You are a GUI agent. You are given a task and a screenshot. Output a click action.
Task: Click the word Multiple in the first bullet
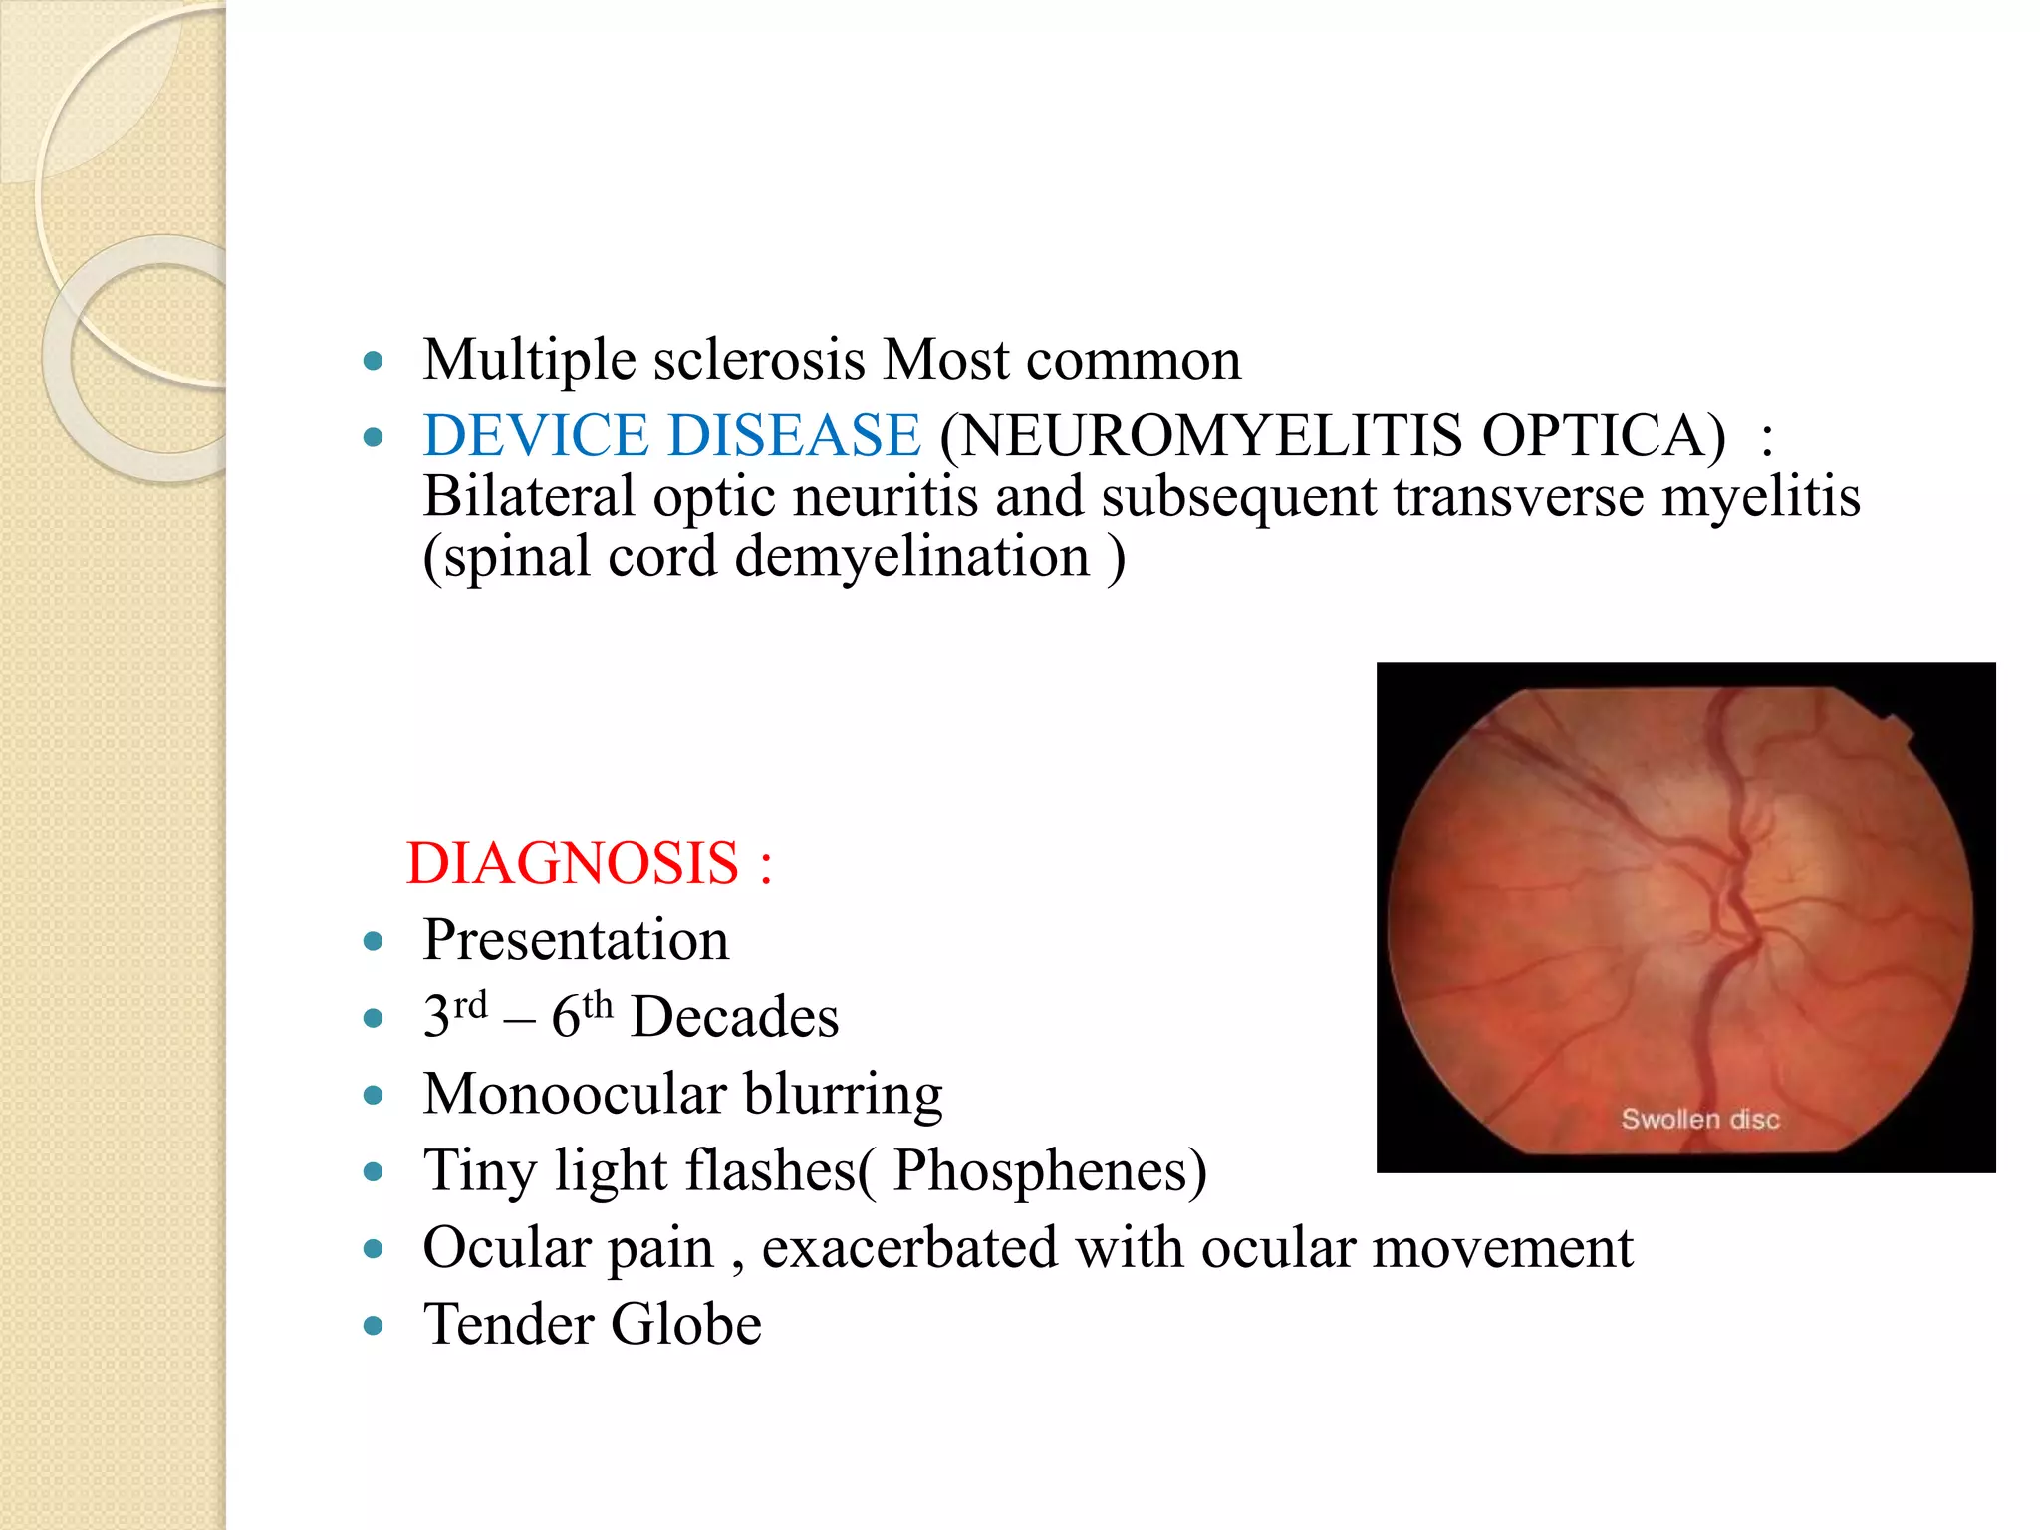point(528,360)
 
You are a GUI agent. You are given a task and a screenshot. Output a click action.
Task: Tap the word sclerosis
point(758,360)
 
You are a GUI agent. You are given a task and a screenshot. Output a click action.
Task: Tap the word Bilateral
point(528,496)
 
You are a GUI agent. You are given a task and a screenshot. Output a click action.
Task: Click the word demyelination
point(911,557)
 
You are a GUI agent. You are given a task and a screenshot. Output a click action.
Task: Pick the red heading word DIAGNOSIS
point(572,863)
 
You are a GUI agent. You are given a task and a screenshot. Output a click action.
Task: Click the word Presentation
point(576,940)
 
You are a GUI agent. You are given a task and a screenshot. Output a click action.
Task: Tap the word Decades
point(734,1017)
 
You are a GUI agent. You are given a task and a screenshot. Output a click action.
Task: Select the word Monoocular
point(573,1094)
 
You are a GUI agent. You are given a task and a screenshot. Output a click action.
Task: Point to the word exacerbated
point(908,1247)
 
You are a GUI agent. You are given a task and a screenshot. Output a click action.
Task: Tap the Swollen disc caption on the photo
point(1699,1119)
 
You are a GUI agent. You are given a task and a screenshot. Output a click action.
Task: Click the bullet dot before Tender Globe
point(374,1326)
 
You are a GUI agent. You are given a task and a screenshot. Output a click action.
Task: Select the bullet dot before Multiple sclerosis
point(374,361)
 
